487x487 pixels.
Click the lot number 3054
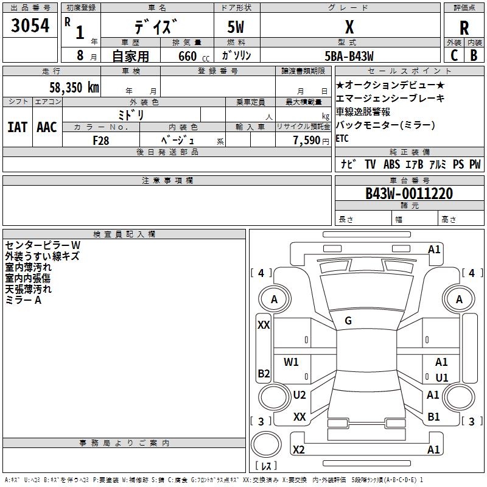[30, 26]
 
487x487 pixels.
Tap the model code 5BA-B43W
[349, 55]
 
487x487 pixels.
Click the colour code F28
[100, 141]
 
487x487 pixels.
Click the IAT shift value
[17, 127]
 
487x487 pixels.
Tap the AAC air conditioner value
[46, 127]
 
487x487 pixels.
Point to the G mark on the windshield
[348, 321]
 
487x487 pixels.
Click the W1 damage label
[292, 362]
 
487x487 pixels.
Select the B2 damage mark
[264, 373]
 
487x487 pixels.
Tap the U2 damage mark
[300, 395]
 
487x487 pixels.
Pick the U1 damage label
[442, 378]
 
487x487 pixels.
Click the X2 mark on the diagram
[298, 450]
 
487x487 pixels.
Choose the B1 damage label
[433, 417]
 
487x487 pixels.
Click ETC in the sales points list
[342, 138]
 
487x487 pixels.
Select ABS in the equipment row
[391, 164]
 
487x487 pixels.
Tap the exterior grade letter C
[454, 55]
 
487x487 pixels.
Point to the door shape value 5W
[236, 27]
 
